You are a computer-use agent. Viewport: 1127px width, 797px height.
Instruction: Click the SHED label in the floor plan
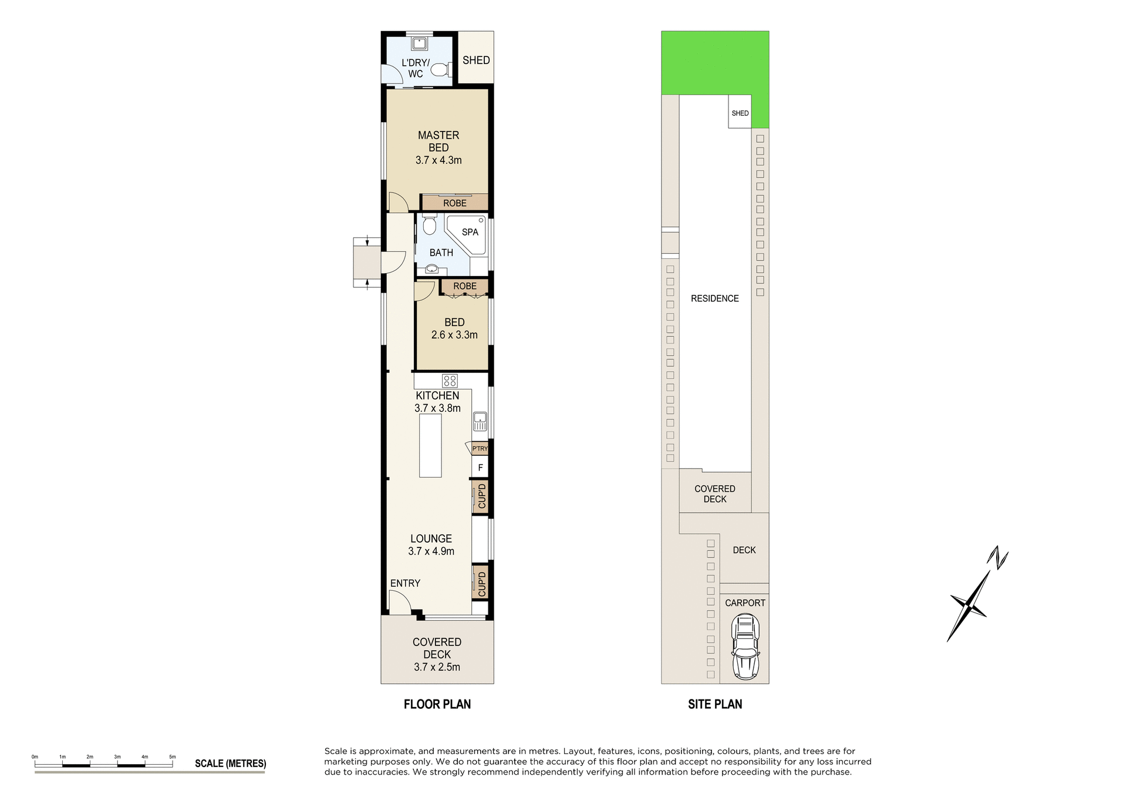click(476, 60)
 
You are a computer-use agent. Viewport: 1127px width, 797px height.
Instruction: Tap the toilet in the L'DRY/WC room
click(440, 70)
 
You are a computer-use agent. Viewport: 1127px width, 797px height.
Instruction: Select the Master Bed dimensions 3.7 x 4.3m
click(438, 160)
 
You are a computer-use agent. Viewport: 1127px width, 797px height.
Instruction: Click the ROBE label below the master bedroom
click(455, 203)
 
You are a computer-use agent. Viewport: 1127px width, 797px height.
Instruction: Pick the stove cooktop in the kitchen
click(450, 381)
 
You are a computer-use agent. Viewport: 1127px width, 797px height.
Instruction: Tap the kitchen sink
click(480, 421)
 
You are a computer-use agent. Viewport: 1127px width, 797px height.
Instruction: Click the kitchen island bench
click(430, 445)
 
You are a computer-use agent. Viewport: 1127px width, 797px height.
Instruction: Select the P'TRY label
click(480, 449)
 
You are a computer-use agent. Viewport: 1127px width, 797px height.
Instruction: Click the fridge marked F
click(480, 468)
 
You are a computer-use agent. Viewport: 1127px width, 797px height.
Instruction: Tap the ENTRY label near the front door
click(405, 583)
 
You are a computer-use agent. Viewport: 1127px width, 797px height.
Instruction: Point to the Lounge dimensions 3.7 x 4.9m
click(431, 551)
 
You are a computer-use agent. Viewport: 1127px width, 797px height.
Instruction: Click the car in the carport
click(745, 646)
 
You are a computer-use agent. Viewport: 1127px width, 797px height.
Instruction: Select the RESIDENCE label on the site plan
click(714, 298)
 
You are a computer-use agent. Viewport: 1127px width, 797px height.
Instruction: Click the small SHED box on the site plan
click(740, 113)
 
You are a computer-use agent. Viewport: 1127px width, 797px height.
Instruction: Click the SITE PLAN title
click(715, 704)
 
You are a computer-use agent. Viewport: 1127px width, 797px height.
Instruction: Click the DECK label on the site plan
click(744, 550)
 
